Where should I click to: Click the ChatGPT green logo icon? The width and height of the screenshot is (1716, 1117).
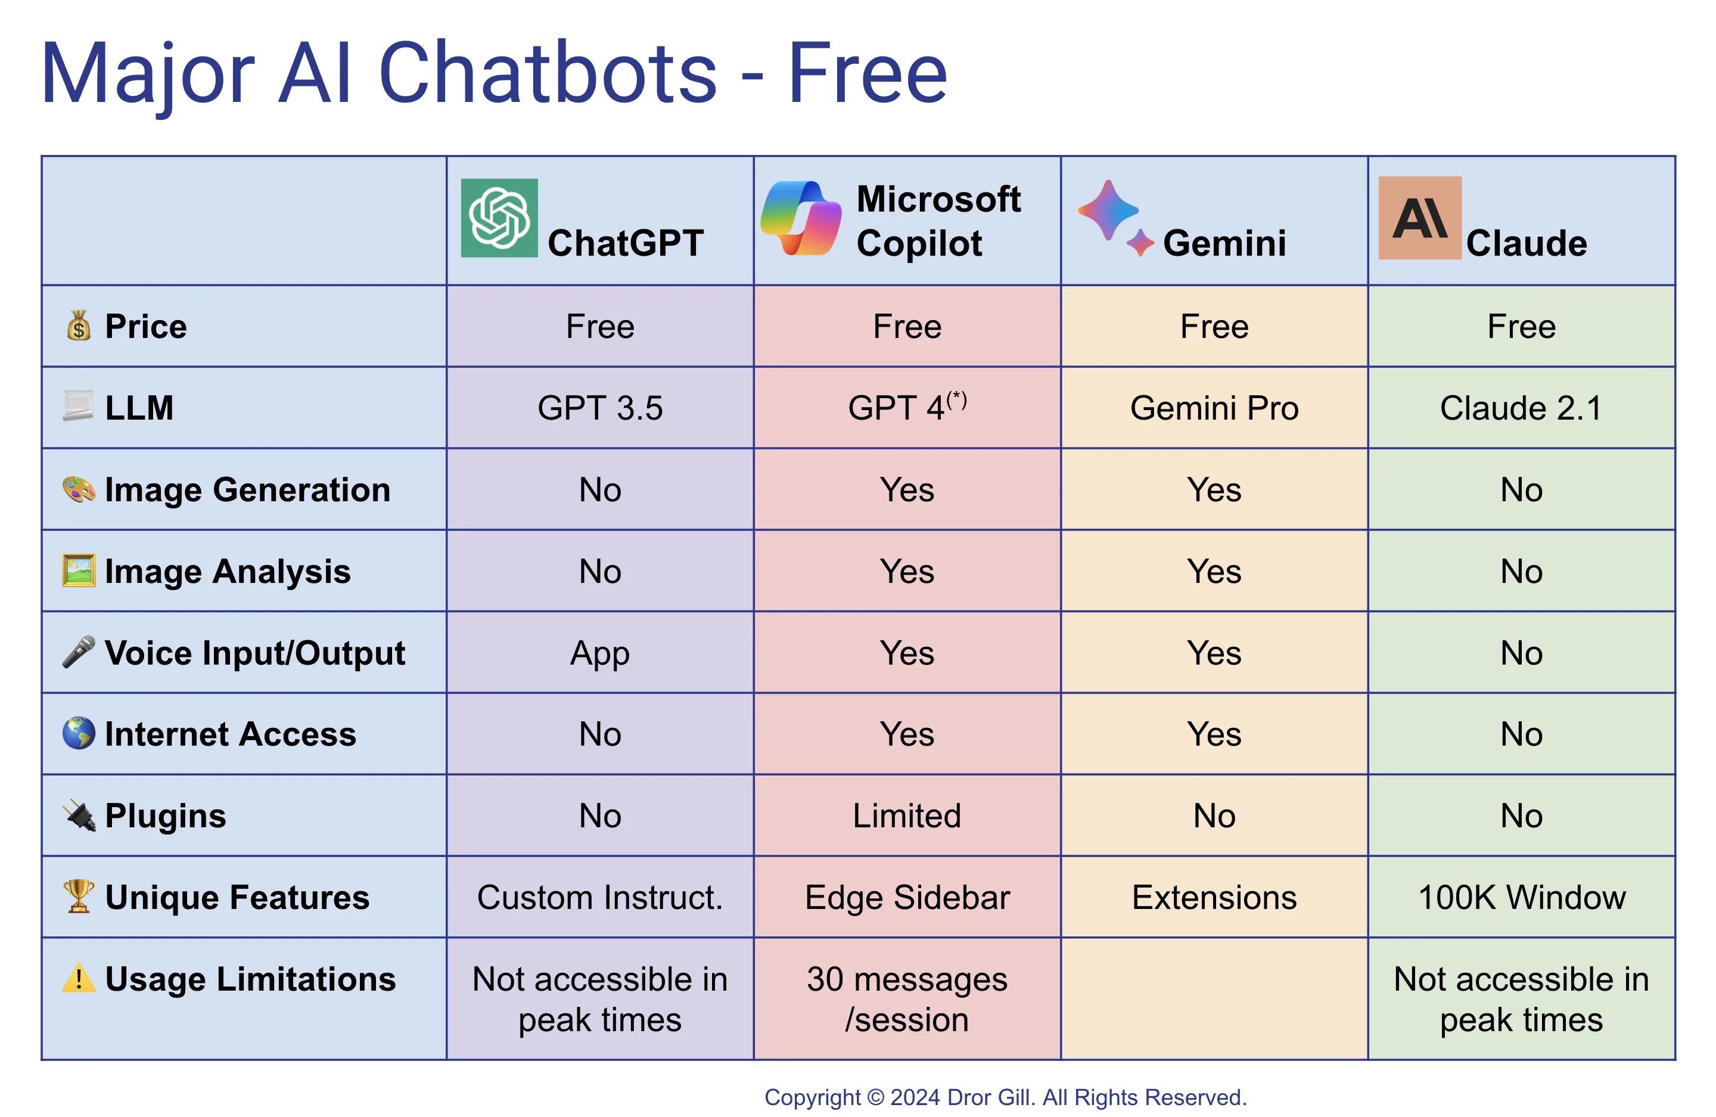[499, 218]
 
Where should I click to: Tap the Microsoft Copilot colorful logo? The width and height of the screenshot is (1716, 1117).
[801, 218]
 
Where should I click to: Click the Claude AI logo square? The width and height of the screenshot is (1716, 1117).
[1419, 218]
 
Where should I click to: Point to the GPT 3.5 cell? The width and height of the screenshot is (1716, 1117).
[600, 408]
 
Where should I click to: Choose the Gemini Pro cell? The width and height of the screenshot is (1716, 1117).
[1214, 408]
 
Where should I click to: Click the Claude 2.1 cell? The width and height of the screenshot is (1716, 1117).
[1521, 408]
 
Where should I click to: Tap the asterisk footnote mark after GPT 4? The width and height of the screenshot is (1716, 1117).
[957, 399]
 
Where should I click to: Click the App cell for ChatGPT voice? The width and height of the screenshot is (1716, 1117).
[600, 653]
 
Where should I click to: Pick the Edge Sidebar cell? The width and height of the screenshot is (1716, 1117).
[907, 898]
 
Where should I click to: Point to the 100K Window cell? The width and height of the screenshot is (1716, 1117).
[1521, 898]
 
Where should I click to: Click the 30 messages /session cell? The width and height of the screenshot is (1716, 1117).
[907, 1000]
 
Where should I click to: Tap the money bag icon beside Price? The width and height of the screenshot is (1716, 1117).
[79, 326]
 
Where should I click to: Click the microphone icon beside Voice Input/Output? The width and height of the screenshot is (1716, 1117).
[79, 652]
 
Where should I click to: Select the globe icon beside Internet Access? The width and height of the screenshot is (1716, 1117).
[79, 733]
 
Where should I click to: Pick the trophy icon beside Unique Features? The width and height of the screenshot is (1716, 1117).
[79, 896]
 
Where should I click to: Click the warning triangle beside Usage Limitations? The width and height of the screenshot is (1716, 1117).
[79, 979]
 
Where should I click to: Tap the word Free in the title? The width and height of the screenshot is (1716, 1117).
[868, 73]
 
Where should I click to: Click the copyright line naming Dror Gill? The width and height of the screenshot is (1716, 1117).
[1005, 1097]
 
